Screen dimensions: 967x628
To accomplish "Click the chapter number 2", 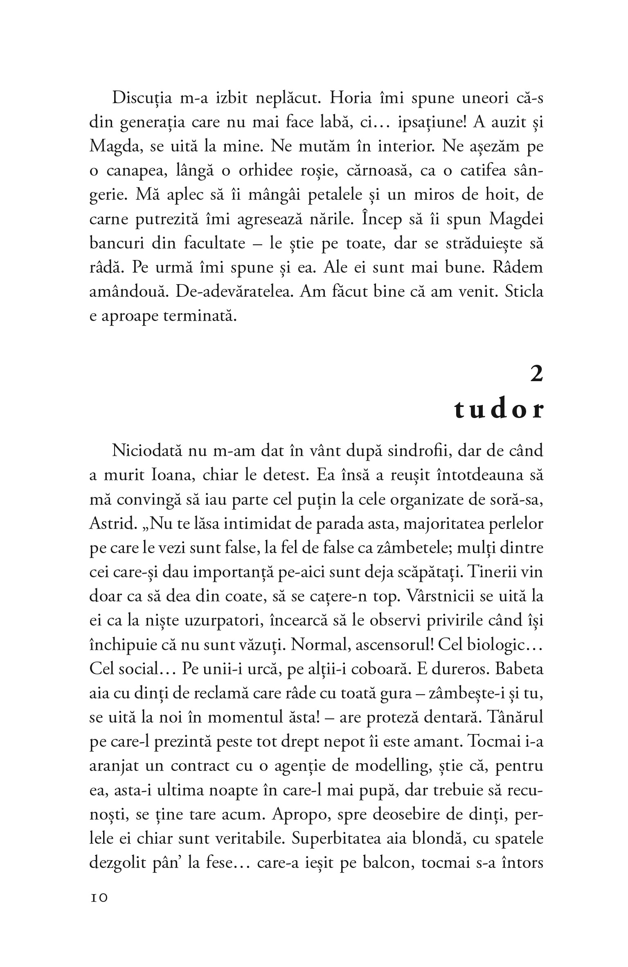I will click(536, 375).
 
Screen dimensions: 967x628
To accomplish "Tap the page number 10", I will click(98, 897).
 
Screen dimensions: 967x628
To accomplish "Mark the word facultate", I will click(214, 244).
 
